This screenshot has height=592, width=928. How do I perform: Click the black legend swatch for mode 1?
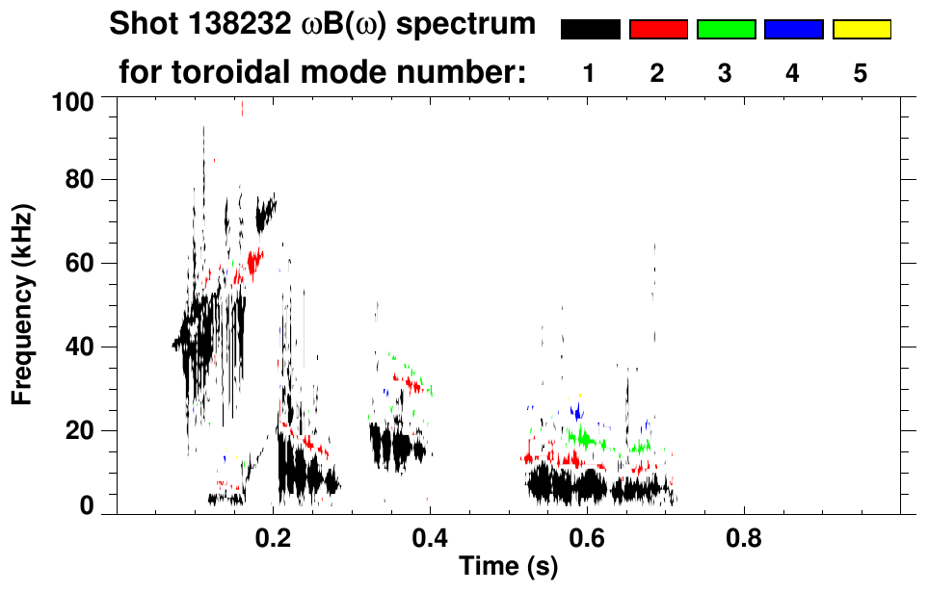coord(590,30)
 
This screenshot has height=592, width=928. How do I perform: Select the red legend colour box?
coord(658,30)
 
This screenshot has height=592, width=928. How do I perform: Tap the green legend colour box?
coord(726,30)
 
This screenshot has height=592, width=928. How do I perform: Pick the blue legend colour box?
coord(793,30)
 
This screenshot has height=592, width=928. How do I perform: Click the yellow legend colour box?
coord(861,30)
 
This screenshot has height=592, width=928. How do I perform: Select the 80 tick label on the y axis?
coord(80,180)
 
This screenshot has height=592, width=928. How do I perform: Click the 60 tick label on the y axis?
coord(80,263)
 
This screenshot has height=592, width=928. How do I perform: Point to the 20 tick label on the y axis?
coord(80,430)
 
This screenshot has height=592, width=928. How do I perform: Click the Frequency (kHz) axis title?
coord(21,304)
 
